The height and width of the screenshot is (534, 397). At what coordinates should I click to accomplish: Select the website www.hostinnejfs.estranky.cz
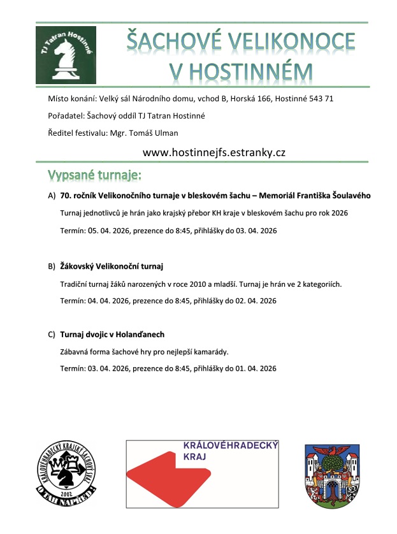coord(213,152)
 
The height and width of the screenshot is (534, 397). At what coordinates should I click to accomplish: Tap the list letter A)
coord(52,196)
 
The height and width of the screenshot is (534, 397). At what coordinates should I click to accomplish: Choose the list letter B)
coord(52,265)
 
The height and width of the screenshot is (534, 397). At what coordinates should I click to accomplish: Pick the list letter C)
coord(52,335)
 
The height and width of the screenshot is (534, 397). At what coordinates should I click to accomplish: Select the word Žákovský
coord(78,265)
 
